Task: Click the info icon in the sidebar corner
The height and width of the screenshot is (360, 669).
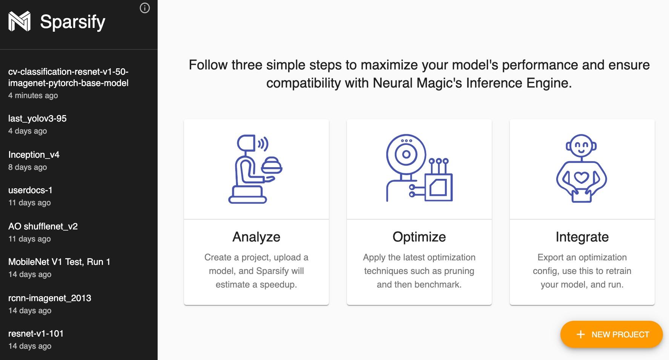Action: (145, 8)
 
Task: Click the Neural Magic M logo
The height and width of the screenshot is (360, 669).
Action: (19, 21)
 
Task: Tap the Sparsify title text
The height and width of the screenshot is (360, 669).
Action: (72, 22)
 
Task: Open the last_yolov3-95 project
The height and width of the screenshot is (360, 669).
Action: (37, 118)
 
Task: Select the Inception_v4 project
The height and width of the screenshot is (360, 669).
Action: (34, 155)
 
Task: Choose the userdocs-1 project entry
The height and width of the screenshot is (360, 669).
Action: (30, 190)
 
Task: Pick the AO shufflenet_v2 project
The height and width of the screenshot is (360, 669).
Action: (43, 226)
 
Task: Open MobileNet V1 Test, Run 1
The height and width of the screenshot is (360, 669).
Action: (59, 262)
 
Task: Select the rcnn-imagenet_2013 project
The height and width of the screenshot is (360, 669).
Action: (50, 298)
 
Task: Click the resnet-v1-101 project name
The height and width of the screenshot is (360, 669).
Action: (36, 334)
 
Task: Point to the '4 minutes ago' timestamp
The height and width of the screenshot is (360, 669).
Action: (33, 95)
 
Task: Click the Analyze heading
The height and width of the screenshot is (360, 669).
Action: (256, 237)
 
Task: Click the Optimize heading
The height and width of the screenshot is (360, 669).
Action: (419, 237)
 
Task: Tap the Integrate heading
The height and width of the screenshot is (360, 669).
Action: (582, 237)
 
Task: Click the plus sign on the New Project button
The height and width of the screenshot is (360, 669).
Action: (581, 334)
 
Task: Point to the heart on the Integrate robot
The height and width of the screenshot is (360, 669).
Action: (581, 177)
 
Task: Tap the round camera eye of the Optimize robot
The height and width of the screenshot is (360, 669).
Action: (406, 154)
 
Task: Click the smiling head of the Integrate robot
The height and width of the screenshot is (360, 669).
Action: (581, 146)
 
